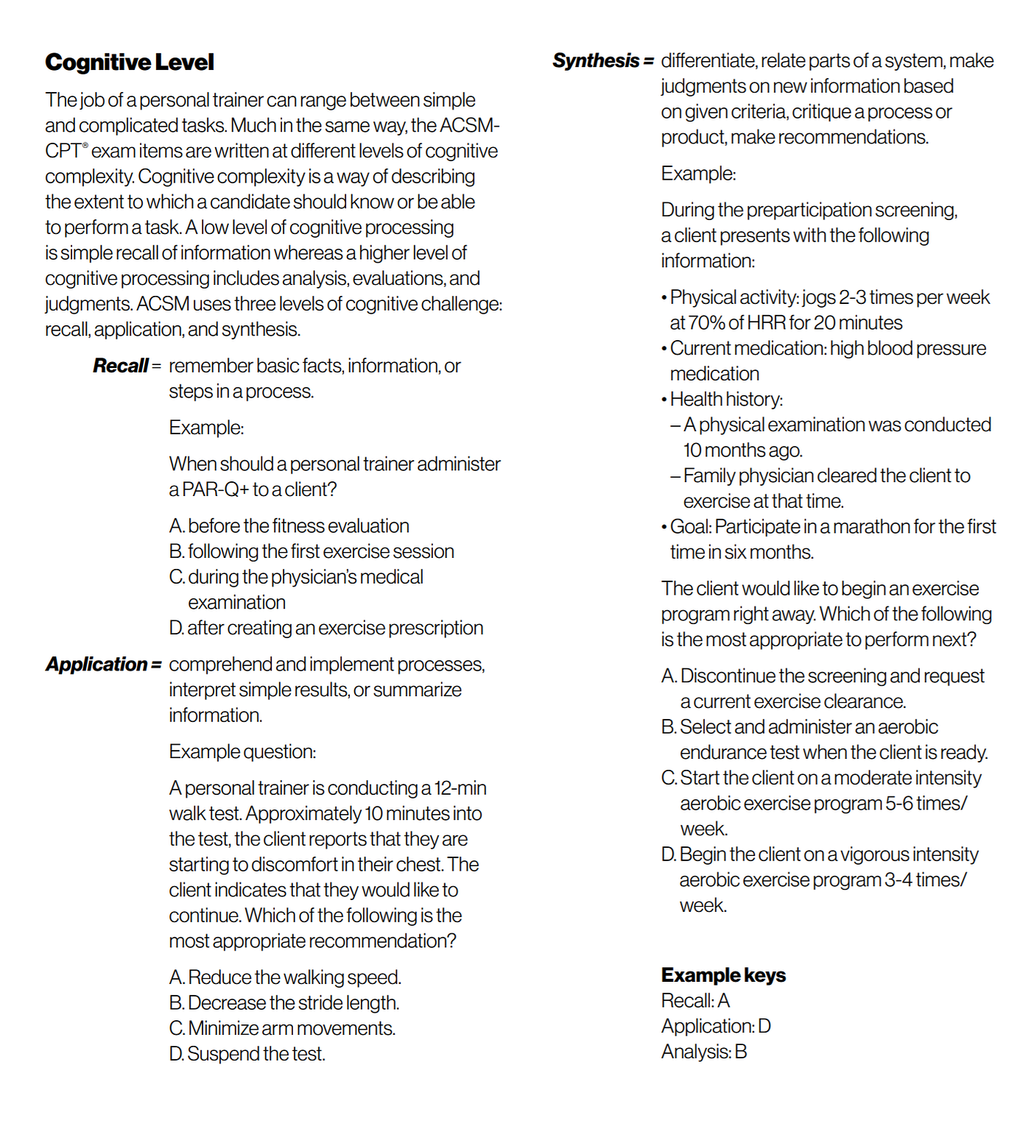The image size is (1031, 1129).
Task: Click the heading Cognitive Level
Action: point(130,63)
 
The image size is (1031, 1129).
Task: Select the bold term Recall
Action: point(121,366)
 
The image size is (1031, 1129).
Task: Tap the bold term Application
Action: point(97,665)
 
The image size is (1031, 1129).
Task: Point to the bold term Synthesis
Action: point(596,60)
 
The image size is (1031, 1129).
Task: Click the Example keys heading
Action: point(723,975)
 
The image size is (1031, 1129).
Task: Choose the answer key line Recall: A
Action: point(695,1001)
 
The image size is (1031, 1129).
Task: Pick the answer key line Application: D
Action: point(716,1026)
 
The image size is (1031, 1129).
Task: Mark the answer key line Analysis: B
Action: point(704,1052)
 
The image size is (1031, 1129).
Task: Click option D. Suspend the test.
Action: point(247,1054)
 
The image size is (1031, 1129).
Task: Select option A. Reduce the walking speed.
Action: point(285,977)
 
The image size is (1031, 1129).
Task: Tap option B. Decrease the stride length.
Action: point(284,1003)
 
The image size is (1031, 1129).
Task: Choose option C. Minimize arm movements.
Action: point(282,1028)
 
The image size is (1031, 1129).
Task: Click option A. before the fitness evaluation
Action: point(289,526)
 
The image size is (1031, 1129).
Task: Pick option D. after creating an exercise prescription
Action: point(326,628)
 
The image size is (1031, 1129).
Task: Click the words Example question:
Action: point(242,751)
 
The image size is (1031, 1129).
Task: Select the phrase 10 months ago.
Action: point(743,450)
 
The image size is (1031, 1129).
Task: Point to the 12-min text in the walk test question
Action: point(460,788)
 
